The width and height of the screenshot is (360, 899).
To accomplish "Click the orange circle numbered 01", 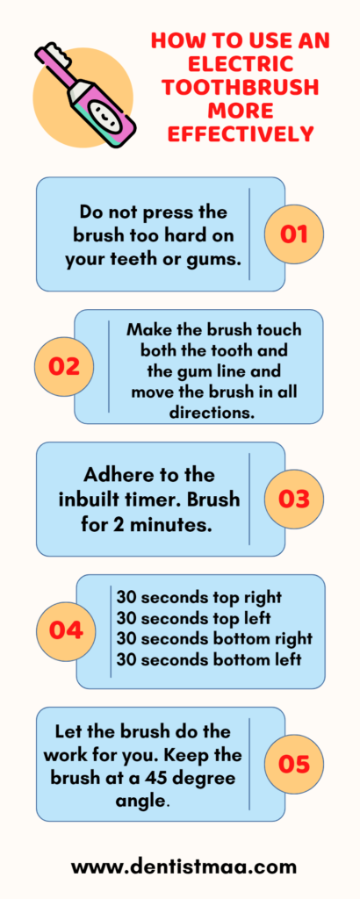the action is [x=293, y=234].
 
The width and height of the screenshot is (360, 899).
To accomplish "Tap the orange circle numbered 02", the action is [x=63, y=367].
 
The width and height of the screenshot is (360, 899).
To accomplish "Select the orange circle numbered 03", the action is [x=293, y=499].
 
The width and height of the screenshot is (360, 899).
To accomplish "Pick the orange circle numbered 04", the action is [x=66, y=631].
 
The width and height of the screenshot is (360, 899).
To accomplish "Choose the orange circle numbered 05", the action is [x=293, y=764].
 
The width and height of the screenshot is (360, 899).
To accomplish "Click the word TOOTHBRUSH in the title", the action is [x=240, y=87].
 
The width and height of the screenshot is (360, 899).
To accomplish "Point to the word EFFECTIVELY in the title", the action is [x=240, y=134].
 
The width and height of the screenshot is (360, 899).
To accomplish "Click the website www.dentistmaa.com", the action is [x=184, y=867].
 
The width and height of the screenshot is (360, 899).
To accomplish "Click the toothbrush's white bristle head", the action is [x=50, y=53].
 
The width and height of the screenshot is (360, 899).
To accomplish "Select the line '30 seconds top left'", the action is [x=194, y=619].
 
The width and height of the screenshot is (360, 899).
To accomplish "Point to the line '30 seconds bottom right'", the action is [x=214, y=639].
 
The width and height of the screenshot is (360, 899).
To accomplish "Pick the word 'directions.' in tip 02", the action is [x=212, y=413].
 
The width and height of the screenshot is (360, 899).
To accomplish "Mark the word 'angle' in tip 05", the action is [x=140, y=801].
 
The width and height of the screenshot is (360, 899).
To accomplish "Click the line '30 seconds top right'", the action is [x=199, y=597].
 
